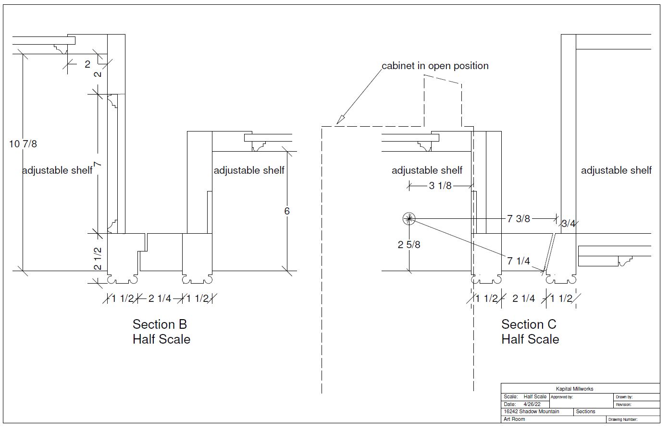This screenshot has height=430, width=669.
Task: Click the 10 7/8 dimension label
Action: (23, 143)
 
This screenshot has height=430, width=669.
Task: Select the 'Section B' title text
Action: (160, 324)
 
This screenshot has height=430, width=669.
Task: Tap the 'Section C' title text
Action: (529, 324)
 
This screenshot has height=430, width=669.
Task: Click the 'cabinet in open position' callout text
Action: (435, 66)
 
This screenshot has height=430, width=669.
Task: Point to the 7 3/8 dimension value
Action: (519, 219)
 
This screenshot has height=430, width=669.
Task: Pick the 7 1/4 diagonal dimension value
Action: (519, 261)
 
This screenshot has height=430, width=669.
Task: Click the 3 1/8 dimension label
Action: (440, 186)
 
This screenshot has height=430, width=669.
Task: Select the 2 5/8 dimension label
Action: (409, 245)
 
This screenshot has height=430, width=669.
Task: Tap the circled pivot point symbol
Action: (409, 219)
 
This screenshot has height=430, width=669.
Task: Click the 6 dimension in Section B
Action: (287, 211)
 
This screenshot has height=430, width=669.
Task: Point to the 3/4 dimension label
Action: (569, 223)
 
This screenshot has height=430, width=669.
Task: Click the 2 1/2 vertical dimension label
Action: (98, 259)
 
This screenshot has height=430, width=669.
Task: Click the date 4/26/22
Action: (533, 404)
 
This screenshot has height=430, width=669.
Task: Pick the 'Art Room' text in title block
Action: (514, 419)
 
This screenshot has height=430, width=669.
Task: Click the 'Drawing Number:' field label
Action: (623, 419)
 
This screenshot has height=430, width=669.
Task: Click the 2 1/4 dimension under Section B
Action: (160, 299)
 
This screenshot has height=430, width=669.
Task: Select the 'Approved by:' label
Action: (562, 397)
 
